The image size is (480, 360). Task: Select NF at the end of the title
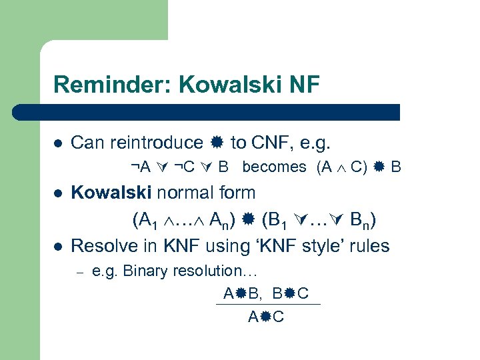[x=303, y=85]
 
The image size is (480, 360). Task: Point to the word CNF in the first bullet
[x=269, y=143]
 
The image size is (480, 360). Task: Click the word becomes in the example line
[x=275, y=167]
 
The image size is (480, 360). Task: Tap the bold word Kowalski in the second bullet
[x=112, y=193]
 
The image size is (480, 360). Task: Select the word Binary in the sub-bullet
[x=143, y=271]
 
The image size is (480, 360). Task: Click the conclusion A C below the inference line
[x=266, y=317]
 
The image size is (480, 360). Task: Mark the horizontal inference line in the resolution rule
[x=268, y=305]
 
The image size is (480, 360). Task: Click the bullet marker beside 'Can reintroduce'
[x=57, y=143]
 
